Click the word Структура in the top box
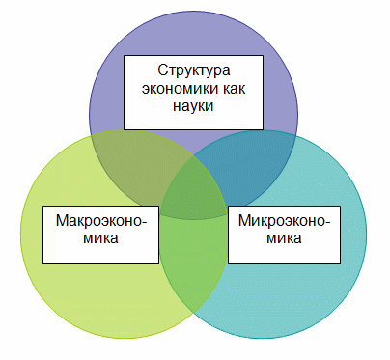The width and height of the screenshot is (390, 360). (x=194, y=70)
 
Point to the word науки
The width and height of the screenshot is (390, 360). (x=193, y=106)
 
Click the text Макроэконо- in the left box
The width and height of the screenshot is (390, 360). (x=101, y=221)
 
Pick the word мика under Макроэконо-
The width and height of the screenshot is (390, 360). (x=100, y=238)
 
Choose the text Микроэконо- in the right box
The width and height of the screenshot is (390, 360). (x=284, y=221)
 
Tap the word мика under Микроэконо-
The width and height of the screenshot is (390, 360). (x=284, y=238)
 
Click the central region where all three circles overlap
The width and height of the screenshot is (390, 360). (x=194, y=190)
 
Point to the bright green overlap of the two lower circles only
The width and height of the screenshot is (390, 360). (x=193, y=258)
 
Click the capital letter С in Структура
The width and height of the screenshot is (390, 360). (x=163, y=70)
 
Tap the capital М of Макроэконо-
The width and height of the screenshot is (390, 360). (x=63, y=221)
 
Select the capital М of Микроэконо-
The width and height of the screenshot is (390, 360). (x=245, y=221)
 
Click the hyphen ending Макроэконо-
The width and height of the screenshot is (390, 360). (x=144, y=223)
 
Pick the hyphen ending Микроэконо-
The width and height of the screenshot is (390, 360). (x=327, y=223)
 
